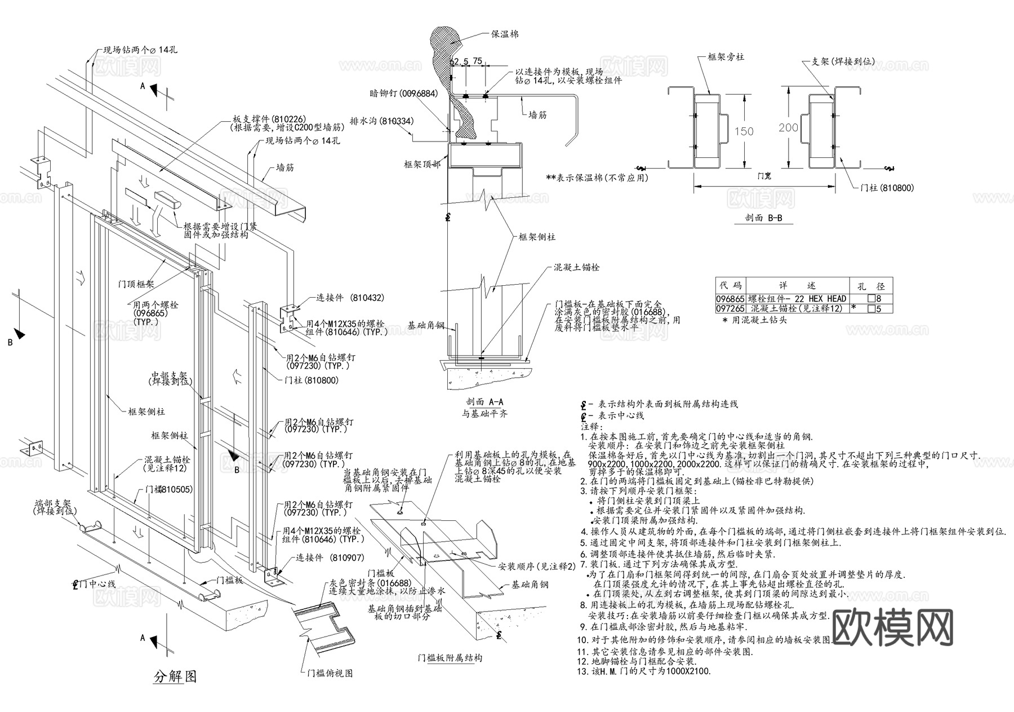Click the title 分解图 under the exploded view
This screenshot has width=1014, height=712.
click(175, 676)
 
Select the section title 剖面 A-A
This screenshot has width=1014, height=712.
click(484, 402)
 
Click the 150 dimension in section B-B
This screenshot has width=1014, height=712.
click(744, 131)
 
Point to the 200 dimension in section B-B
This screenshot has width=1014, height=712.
click(788, 128)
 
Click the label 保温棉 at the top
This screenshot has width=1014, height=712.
click(505, 34)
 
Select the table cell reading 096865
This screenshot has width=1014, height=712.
click(730, 299)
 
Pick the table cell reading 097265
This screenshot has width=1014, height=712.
click(730, 309)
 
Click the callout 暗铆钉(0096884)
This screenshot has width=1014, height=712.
click(403, 94)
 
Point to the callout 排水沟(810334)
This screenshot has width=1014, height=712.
click(381, 121)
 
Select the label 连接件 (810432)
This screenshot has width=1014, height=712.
click(350, 298)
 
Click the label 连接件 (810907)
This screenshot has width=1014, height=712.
click(330, 558)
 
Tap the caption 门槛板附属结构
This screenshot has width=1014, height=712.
click(450, 658)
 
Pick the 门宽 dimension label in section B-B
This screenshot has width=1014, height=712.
click(764, 176)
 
